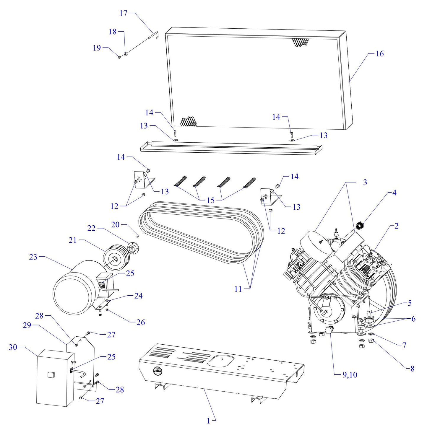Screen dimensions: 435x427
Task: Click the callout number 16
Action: click(379, 53)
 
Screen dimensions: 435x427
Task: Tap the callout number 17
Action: click(123, 13)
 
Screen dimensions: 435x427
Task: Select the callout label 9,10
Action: click(350, 375)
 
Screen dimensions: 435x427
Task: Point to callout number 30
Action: click(13, 347)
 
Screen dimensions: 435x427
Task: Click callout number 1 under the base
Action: click(208, 421)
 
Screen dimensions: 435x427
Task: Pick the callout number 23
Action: click(33, 257)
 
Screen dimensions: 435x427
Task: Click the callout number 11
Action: click(238, 289)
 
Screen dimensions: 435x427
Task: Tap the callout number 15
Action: click(210, 200)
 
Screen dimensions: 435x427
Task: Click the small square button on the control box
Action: click(51, 375)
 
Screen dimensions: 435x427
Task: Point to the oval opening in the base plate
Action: click(221, 360)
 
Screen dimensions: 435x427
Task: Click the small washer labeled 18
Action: click(126, 54)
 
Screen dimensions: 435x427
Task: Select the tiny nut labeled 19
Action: click(119, 57)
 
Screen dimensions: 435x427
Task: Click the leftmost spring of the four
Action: click(181, 181)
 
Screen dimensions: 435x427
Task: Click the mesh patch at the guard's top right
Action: click(300, 42)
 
